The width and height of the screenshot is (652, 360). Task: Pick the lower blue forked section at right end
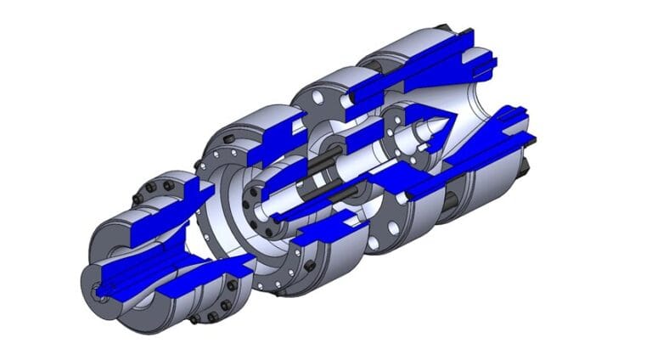coord(501,136)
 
